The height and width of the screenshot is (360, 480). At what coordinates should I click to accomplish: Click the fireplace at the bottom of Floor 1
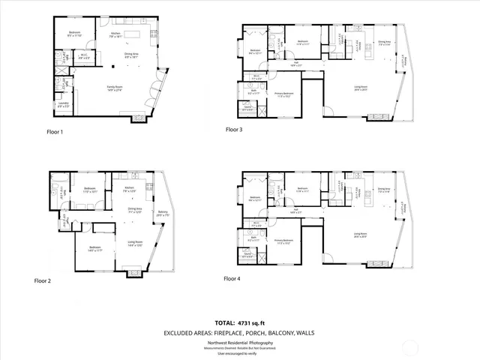coord(139,119)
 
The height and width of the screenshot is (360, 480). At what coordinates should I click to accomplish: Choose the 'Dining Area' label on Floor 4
coord(384,190)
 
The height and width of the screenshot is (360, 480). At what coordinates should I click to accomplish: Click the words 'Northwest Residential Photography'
coord(240,342)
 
